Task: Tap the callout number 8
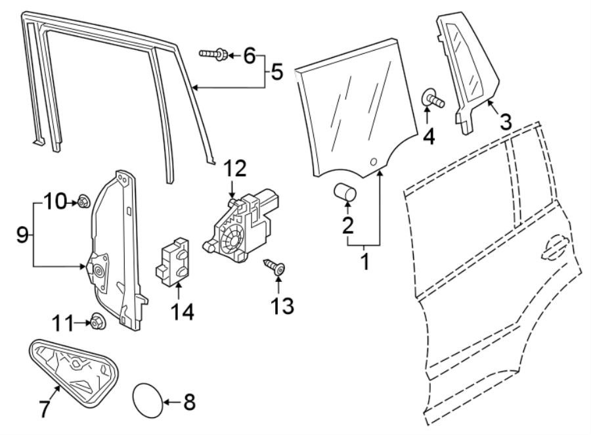coord(189,401)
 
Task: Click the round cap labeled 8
coord(148,399)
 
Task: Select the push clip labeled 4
coord(431,99)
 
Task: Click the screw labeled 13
coord(275,267)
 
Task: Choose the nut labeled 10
coord(83,202)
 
